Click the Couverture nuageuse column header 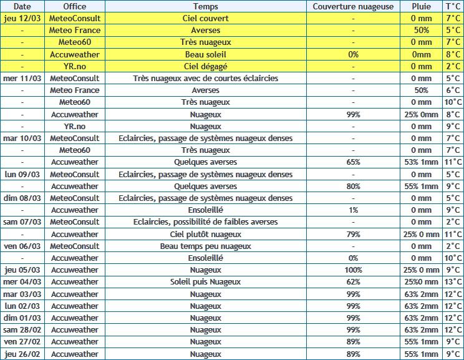click(353, 6)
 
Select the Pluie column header click(422, 6)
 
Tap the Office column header click(75, 6)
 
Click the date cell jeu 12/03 click(22, 18)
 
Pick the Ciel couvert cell click(206, 18)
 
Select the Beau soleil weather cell click(206, 54)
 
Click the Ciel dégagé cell click(206, 66)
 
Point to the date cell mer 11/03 click(22, 78)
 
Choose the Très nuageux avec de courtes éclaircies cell click(206, 78)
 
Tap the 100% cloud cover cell click(353, 270)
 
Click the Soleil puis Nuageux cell click(206, 282)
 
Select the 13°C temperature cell click(453, 282)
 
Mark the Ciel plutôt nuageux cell click(206, 234)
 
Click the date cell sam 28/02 click(22, 330)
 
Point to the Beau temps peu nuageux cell click(206, 246)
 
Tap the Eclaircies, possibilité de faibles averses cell click(206, 222)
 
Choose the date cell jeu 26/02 click(22, 354)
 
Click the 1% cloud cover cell click(353, 210)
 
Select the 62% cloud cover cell click(353, 282)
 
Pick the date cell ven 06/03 click(22, 246)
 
